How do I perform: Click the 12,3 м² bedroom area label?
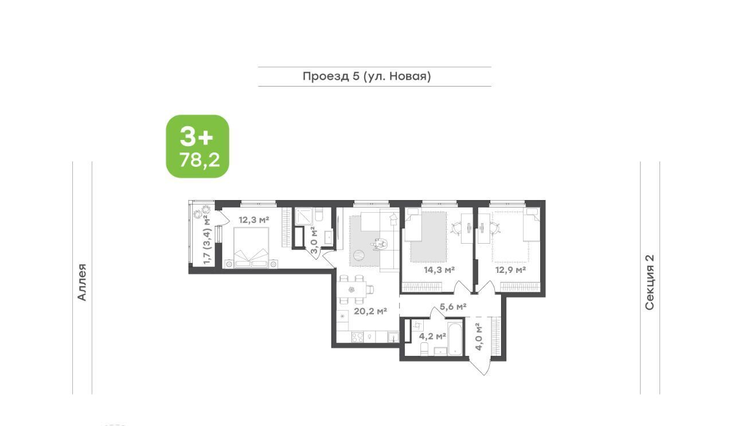(x=254, y=220)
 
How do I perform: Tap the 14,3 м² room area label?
(x=439, y=270)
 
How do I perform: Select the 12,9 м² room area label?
(x=510, y=270)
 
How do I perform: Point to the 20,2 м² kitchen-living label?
(x=370, y=311)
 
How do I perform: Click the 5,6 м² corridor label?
(x=453, y=307)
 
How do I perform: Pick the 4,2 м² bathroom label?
(x=432, y=336)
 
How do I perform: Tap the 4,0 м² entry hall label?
(x=478, y=337)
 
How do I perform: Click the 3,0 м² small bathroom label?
(x=314, y=240)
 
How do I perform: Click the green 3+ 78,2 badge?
(x=198, y=146)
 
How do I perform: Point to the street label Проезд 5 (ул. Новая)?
(x=366, y=76)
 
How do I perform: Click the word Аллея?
(x=82, y=282)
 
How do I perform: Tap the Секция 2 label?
(x=650, y=282)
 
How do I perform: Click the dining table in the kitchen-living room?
(x=352, y=290)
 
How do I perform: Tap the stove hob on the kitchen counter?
(x=357, y=337)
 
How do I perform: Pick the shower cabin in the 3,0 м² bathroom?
(x=304, y=216)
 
